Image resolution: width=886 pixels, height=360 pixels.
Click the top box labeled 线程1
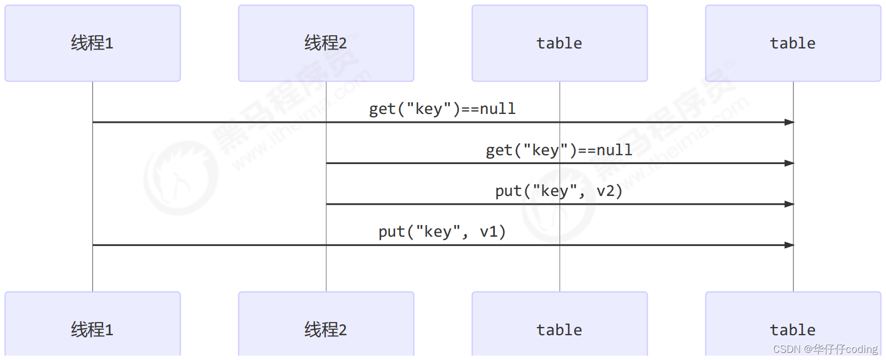point(93,43)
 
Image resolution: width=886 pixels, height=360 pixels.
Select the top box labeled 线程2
point(326,43)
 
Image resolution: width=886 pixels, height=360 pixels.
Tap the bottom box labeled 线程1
point(93,329)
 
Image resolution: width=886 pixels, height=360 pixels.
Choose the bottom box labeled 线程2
point(326,329)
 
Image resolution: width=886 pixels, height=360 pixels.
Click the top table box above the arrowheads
point(793,43)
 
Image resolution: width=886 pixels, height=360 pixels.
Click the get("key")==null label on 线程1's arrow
point(442,109)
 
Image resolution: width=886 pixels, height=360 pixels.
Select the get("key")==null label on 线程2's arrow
point(559,150)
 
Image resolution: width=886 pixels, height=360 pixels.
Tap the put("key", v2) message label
point(559,191)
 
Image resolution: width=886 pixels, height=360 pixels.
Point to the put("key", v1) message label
point(442,232)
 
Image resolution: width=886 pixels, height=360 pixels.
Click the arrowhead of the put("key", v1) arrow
point(790,245)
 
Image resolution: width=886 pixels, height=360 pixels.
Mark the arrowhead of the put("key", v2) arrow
point(790,204)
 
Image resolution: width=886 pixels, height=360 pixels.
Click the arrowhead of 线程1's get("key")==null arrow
point(790,122)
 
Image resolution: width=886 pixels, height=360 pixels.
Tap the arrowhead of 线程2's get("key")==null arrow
point(790,163)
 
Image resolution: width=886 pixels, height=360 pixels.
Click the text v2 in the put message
point(606,191)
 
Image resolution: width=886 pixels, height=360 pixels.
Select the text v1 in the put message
point(489,232)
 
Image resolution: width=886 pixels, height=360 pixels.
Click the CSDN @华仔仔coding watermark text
point(825,350)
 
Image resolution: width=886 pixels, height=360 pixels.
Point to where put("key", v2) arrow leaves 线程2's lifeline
point(327,204)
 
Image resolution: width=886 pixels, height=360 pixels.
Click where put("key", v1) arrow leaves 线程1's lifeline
point(93,245)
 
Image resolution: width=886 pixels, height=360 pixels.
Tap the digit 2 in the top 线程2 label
point(343,43)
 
